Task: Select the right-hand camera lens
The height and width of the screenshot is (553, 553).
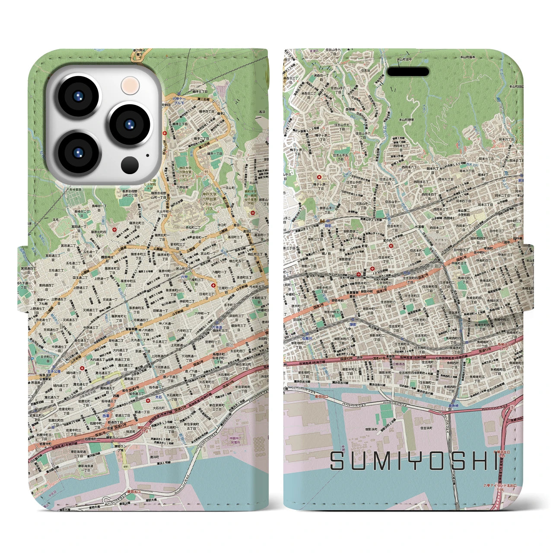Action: (128, 124)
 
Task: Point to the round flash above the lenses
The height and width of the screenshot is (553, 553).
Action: (129, 86)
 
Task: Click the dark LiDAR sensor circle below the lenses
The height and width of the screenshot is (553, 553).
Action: (129, 165)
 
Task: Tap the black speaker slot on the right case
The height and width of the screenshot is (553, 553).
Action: (407, 72)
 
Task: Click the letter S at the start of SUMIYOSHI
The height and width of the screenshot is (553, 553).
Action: (339, 461)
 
